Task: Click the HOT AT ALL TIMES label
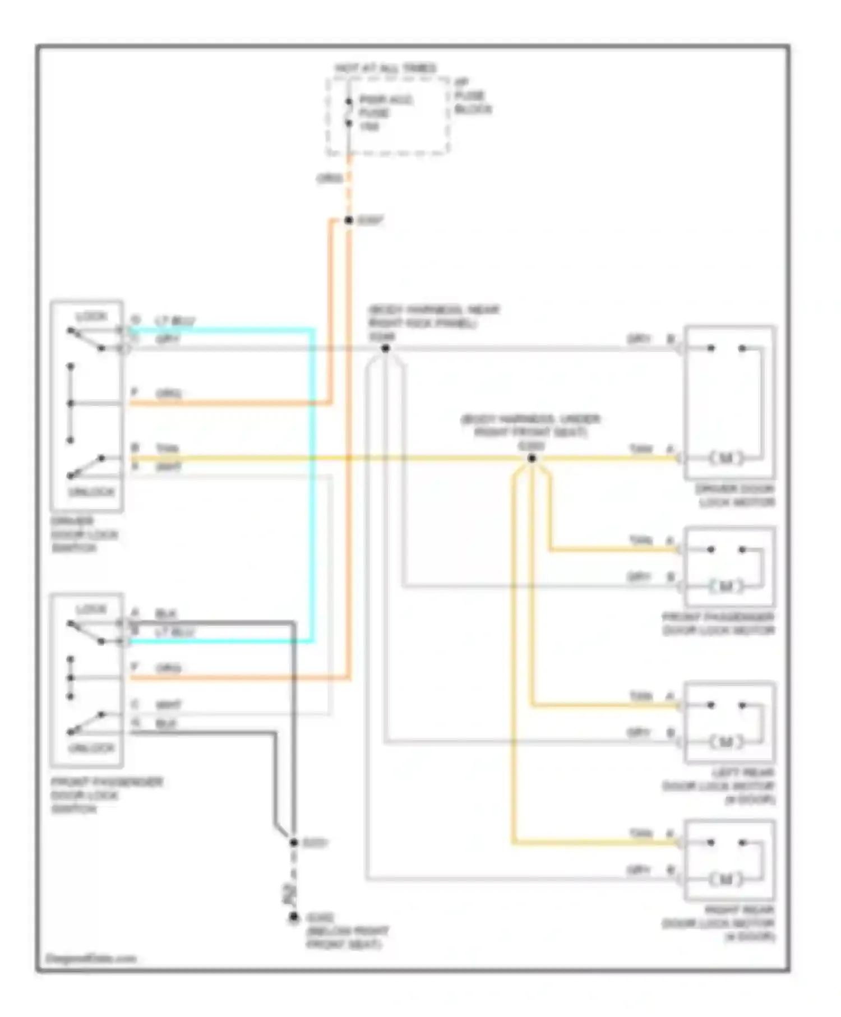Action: click(386, 68)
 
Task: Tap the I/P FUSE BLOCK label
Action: click(472, 96)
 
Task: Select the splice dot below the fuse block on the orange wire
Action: click(349, 220)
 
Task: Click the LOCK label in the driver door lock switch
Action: click(91, 317)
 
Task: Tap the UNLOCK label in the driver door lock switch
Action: click(91, 492)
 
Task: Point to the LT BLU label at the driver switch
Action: click(175, 321)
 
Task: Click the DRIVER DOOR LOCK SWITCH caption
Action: click(84, 534)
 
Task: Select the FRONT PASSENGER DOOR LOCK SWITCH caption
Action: click(107, 795)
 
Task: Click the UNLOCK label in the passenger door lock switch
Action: click(91, 748)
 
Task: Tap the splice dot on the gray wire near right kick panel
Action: click(386, 349)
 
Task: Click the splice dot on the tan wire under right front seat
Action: click(532, 459)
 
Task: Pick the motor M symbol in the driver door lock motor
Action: click(726, 458)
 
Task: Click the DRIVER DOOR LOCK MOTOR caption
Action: click(735, 496)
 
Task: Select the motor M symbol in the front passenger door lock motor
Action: click(726, 586)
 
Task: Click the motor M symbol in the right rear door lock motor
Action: click(726, 879)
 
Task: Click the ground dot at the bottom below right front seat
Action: click(294, 918)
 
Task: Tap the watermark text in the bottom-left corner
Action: click(91, 958)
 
